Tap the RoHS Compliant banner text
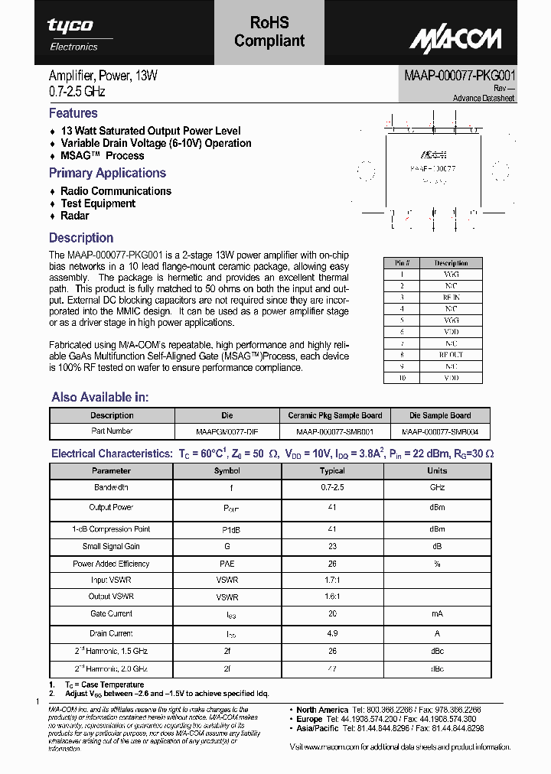pyautogui.click(x=269, y=32)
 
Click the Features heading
pyautogui.click(x=73, y=113)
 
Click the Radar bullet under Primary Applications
pyautogui.click(x=74, y=216)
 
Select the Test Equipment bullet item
pyautogui.click(x=97, y=203)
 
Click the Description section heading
pyautogui.click(x=81, y=238)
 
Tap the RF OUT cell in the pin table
pyautogui.click(x=451, y=355)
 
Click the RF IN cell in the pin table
pyautogui.click(x=451, y=297)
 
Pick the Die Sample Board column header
pyautogui.click(x=439, y=415)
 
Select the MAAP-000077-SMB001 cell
pyautogui.click(x=334, y=431)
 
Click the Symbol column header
pyautogui.click(x=227, y=470)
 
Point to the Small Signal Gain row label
pyautogui.click(x=111, y=546)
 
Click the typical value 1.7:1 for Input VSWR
pyautogui.click(x=332, y=580)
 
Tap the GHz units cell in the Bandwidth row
pyautogui.click(x=437, y=487)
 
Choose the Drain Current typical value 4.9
pyautogui.click(x=332, y=633)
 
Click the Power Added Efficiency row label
pyautogui.click(x=111, y=564)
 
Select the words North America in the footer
pyautogui.click(x=322, y=710)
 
